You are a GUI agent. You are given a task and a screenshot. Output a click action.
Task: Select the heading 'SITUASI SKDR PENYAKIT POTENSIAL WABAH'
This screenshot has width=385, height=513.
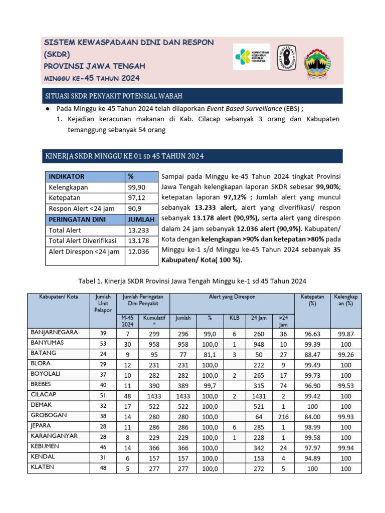(114, 96)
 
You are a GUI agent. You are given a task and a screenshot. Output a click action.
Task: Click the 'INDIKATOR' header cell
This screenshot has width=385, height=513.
(66, 176)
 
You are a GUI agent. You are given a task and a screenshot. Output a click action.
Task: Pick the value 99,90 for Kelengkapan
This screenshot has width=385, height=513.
(136, 187)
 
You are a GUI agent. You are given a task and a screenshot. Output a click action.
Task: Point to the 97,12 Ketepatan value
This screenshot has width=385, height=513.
(136, 198)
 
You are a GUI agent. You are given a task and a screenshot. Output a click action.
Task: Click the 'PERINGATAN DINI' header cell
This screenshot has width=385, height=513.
(73, 219)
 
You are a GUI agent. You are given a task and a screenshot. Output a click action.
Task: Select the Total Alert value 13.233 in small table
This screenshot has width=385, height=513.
(139, 230)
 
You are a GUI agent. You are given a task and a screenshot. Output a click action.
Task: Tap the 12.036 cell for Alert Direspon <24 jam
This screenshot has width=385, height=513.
(139, 251)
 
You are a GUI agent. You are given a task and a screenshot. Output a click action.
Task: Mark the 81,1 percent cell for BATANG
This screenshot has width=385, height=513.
(210, 353)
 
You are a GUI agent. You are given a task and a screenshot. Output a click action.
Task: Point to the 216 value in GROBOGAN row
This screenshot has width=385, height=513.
(283, 415)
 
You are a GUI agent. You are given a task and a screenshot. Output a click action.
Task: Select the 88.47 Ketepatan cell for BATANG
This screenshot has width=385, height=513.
(312, 353)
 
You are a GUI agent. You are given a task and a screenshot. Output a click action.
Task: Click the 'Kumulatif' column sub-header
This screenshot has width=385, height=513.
(154, 320)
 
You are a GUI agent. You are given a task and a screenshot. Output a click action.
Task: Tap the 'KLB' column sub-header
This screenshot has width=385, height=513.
(235, 318)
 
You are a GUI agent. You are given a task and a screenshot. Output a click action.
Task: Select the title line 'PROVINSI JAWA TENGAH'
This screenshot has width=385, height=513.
(95, 66)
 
